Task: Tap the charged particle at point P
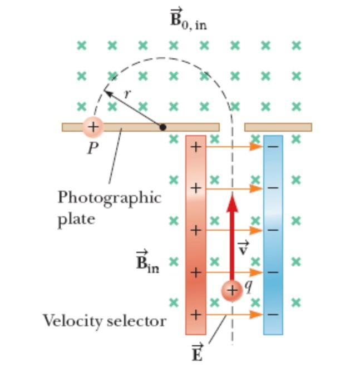(92, 127)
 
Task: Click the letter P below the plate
(93, 149)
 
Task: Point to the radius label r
(127, 93)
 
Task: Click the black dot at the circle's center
(162, 127)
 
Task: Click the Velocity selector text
(105, 320)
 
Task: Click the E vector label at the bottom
(197, 353)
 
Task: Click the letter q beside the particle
(249, 285)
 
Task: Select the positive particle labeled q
(231, 291)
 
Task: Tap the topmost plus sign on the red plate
(195, 147)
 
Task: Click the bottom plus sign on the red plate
(195, 315)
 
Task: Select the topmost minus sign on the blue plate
(273, 147)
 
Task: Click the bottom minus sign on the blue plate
(273, 315)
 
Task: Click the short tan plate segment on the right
(278, 127)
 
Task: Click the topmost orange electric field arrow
(234, 147)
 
